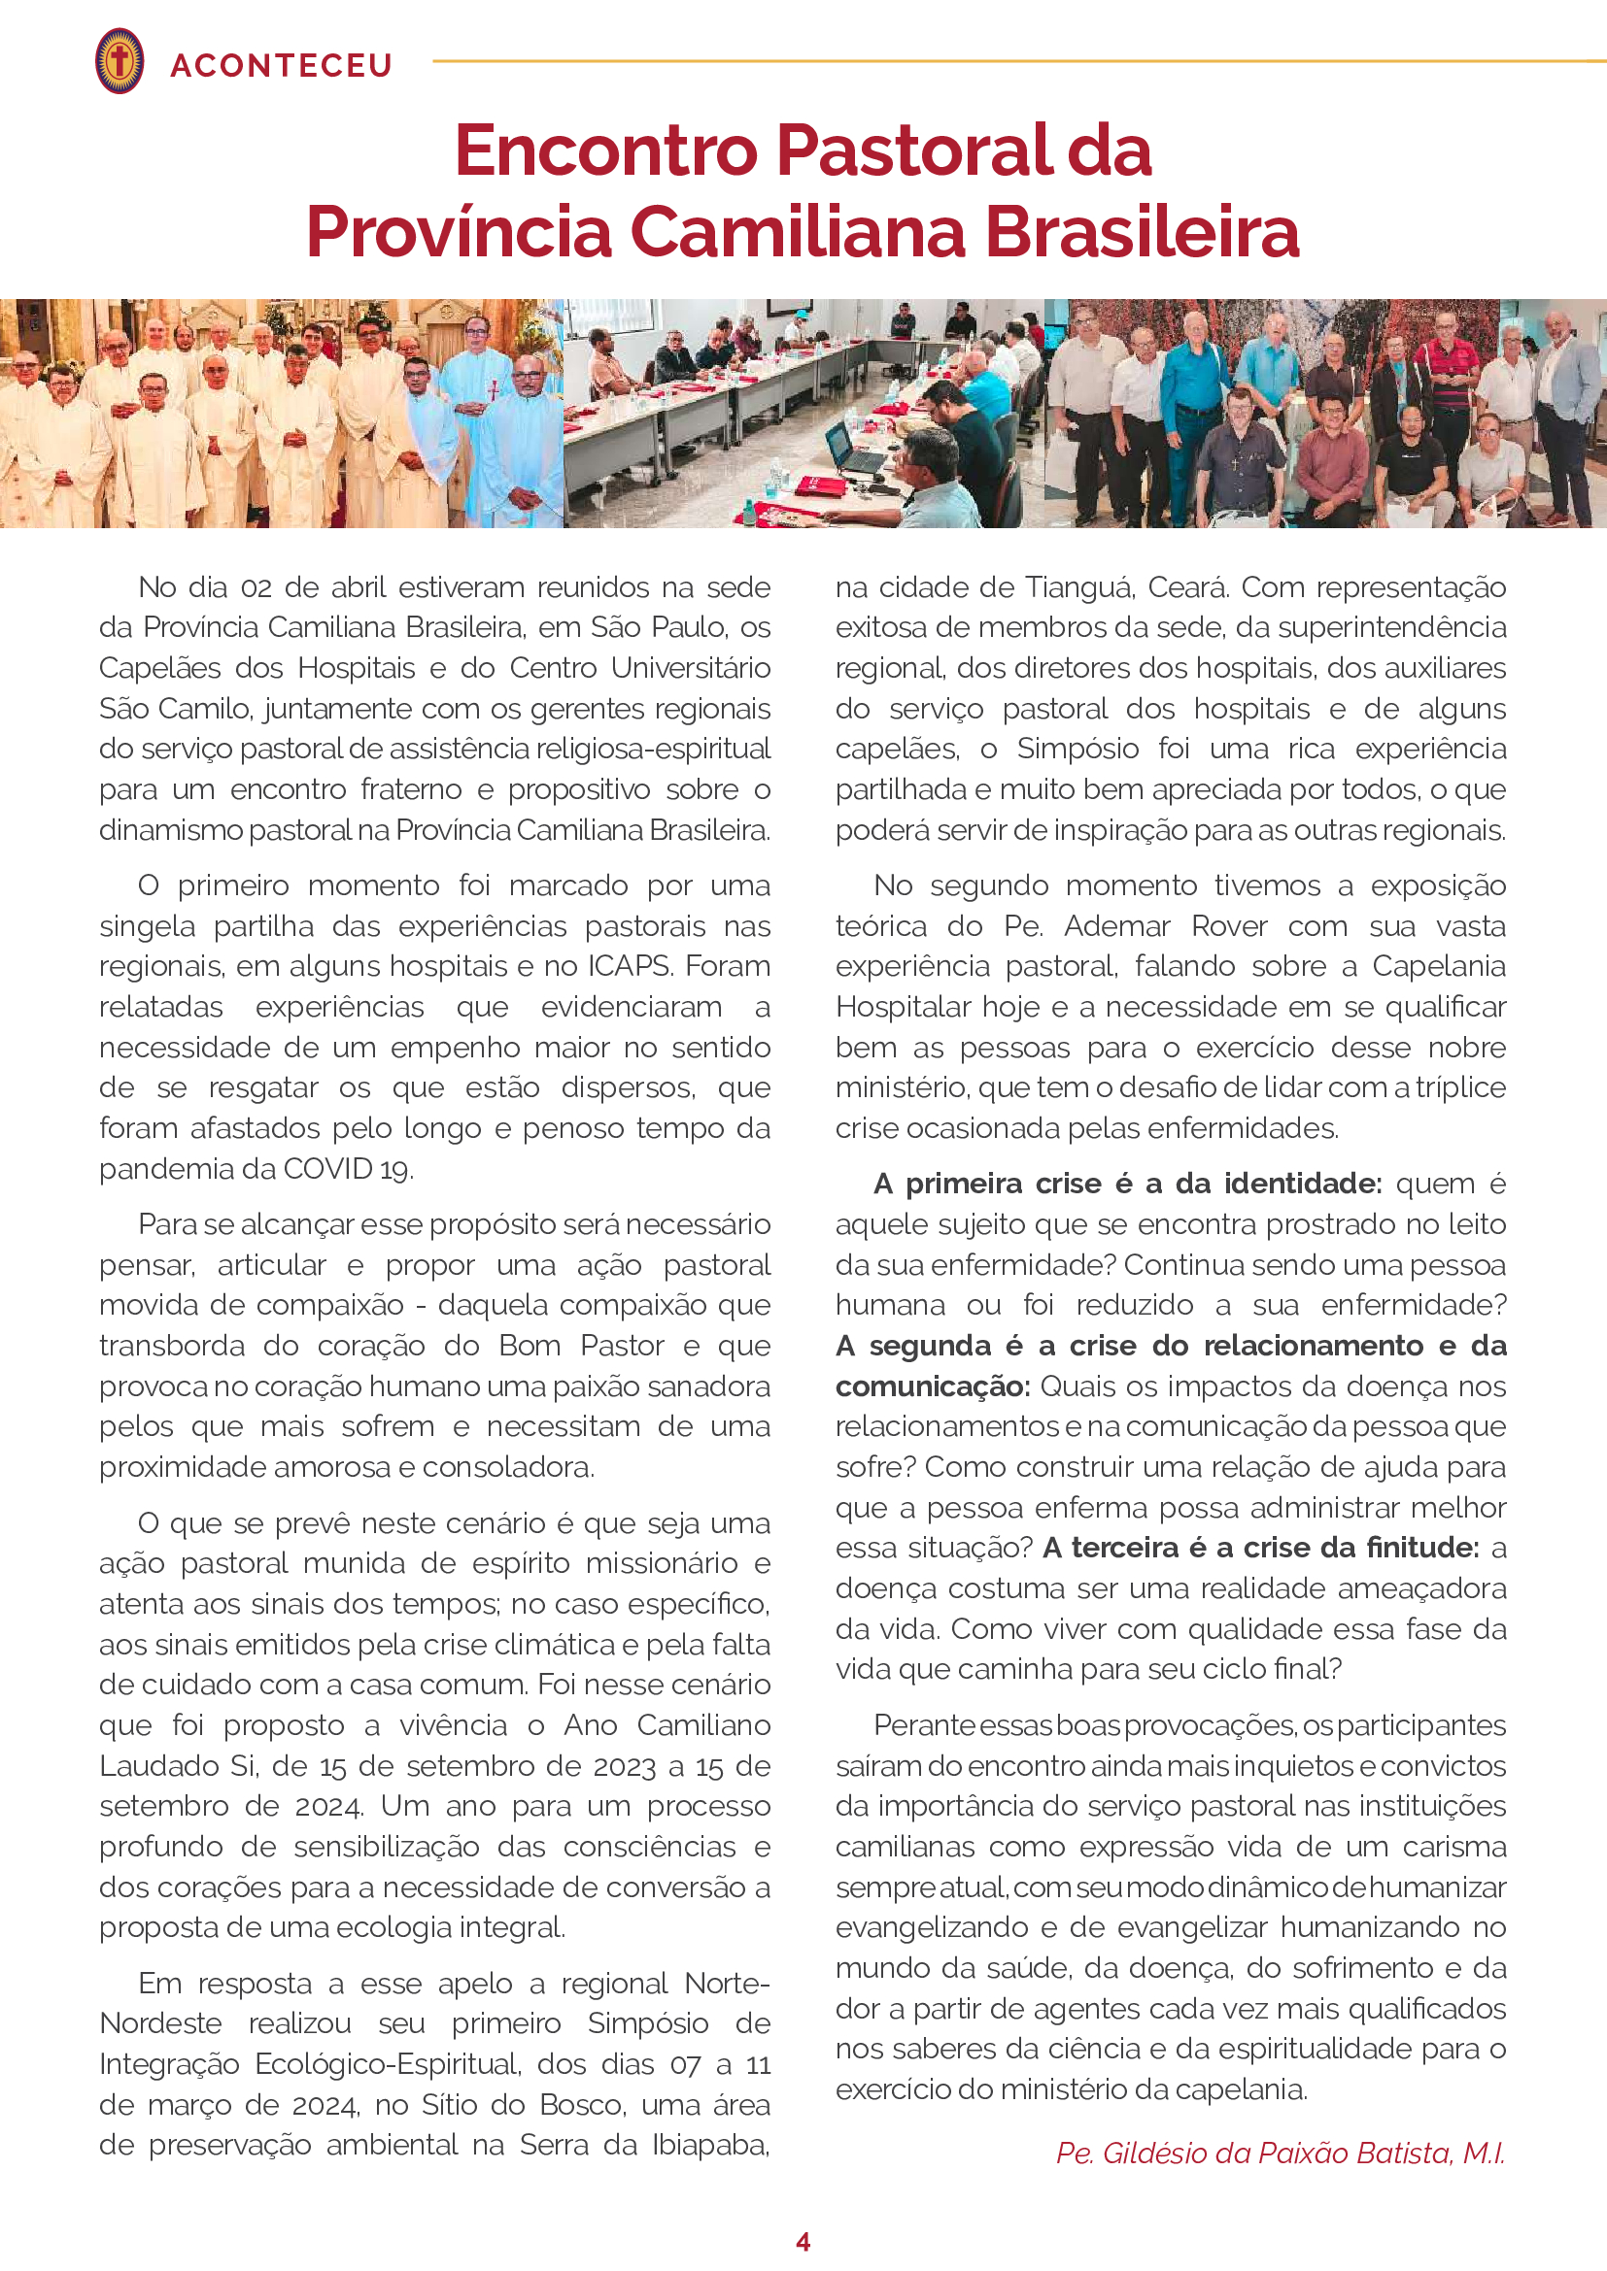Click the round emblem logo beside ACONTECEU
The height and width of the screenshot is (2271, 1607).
[119, 61]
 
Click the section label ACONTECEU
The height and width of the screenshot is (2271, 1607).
[281, 65]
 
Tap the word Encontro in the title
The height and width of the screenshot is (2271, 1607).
[605, 151]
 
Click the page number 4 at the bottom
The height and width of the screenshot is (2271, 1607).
[803, 2241]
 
